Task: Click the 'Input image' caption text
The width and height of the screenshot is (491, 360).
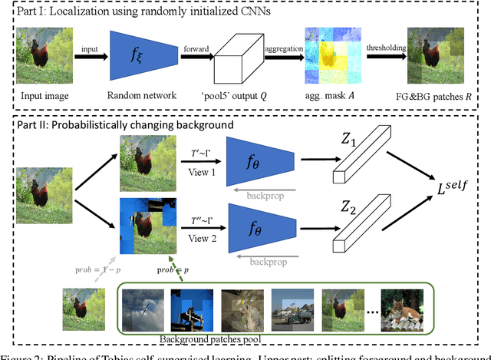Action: click(x=45, y=97)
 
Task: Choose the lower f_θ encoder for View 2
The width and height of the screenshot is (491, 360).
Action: click(x=262, y=228)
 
